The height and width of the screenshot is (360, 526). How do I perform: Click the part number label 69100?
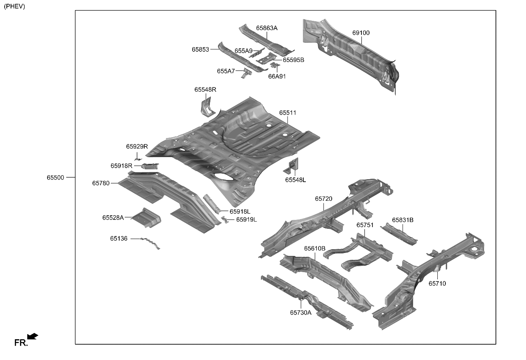tap(361, 33)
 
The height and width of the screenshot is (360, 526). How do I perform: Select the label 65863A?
tap(266, 28)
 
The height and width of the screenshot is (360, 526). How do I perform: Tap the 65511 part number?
tap(288, 113)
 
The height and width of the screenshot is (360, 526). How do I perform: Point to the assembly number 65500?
tap(55, 177)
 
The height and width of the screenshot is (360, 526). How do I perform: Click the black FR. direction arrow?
tap(33, 336)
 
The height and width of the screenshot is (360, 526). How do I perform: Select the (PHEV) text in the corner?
tap(14, 6)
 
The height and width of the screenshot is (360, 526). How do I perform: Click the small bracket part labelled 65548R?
tap(206, 107)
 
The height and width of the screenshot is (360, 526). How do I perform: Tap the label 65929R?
tap(137, 146)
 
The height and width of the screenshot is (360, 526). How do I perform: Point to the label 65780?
tap(101, 183)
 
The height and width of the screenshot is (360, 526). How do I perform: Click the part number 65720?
tap(323, 199)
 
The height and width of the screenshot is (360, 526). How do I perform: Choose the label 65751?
tap(365, 225)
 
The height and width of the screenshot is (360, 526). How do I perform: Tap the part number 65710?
tap(437, 284)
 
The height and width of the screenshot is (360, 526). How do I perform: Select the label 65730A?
tap(301, 312)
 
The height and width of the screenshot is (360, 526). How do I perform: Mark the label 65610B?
tap(314, 248)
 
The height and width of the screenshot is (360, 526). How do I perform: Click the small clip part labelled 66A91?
tap(275, 65)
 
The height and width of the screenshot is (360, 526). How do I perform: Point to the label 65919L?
tap(246, 219)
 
